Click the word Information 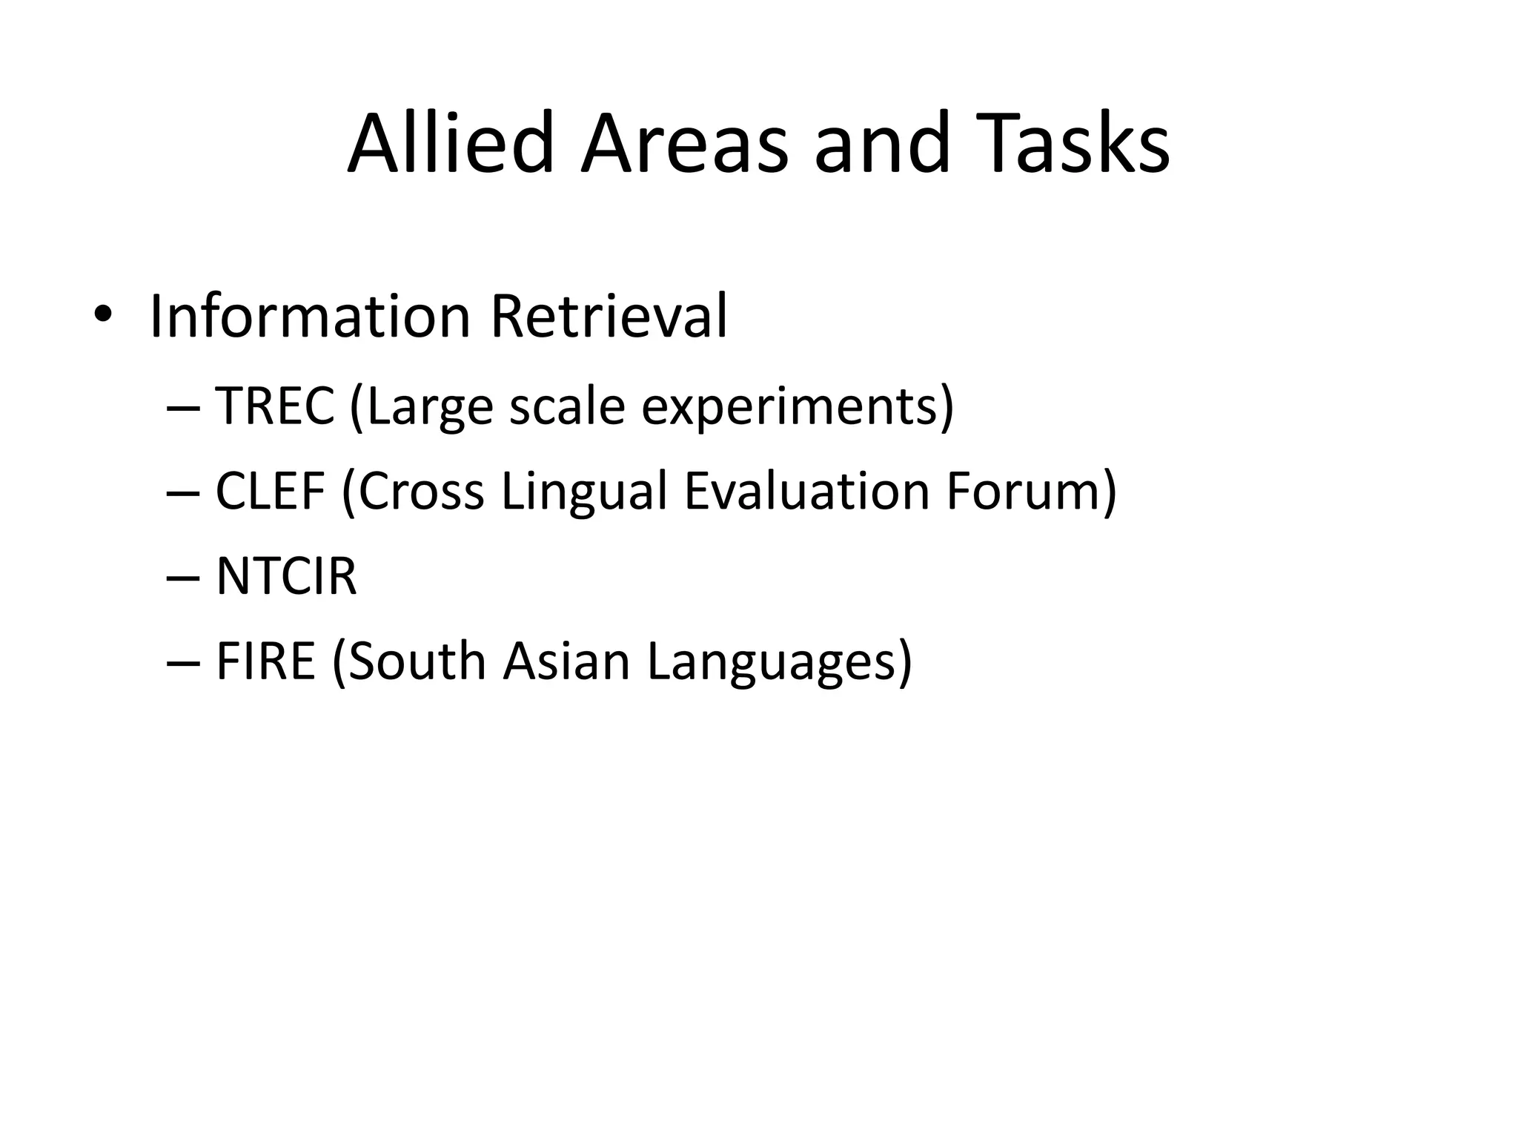pos(310,317)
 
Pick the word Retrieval pos(609,317)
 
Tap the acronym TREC pos(275,406)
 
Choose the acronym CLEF pos(271,491)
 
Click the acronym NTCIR pos(286,576)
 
